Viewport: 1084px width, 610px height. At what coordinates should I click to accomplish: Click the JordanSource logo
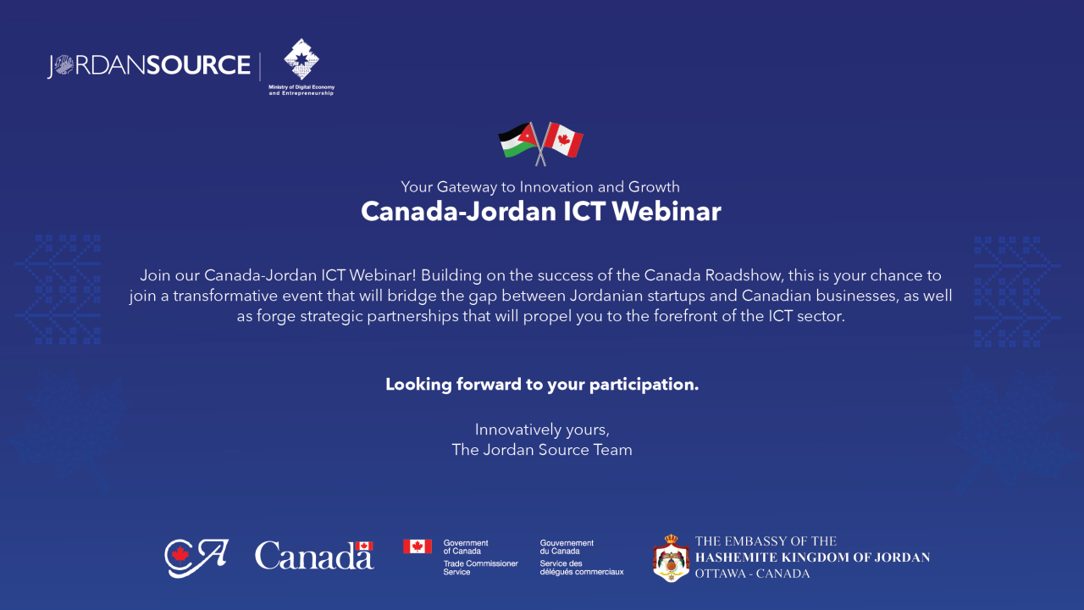tap(148, 65)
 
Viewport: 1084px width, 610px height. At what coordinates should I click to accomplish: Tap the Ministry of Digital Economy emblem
tap(301, 59)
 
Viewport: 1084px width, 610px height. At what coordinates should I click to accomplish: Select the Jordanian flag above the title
tap(519, 141)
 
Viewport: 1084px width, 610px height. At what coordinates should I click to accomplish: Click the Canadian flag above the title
tap(563, 140)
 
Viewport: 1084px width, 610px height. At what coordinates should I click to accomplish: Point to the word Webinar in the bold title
tap(666, 212)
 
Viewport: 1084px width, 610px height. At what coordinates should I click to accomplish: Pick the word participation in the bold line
tap(644, 385)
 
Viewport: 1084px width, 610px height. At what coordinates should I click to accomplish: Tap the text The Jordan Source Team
tap(542, 450)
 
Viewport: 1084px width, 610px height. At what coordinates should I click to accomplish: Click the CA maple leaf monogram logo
tap(196, 557)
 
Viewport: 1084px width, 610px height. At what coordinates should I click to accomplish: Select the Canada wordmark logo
tap(314, 555)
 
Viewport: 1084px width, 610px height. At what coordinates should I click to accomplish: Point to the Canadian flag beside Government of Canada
tap(418, 546)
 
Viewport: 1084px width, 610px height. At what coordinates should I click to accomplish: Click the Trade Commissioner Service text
tap(480, 568)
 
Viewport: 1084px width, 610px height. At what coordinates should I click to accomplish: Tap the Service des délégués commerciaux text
tap(582, 568)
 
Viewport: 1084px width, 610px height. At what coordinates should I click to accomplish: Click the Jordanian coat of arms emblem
tap(671, 558)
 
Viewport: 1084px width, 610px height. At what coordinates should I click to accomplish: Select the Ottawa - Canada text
tap(752, 574)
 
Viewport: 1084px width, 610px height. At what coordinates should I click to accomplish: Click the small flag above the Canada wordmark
tap(364, 546)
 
